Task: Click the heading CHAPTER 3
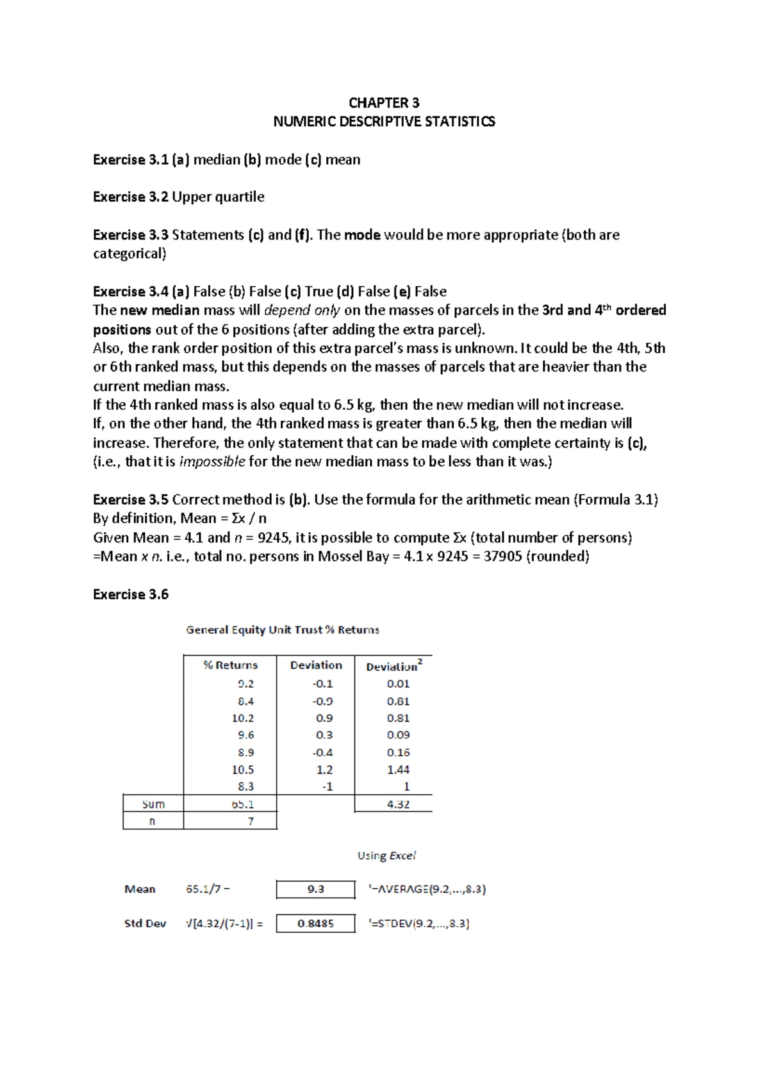(384, 102)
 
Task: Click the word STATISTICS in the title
(459, 122)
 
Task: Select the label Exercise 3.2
(130, 197)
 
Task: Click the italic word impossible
(212, 462)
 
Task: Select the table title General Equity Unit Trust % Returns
(283, 629)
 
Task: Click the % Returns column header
(230, 665)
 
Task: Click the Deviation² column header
(393, 666)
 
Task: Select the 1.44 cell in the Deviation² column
(398, 769)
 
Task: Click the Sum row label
(153, 804)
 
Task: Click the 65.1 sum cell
(243, 804)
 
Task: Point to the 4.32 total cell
(398, 804)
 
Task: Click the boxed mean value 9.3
(315, 889)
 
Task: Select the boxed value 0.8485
(315, 923)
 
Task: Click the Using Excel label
(386, 855)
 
